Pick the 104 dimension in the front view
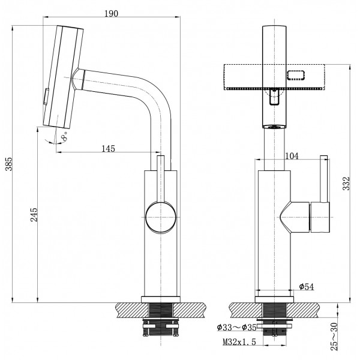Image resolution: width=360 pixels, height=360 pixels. coord(292,156)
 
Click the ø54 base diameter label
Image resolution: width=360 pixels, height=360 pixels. coord(306,287)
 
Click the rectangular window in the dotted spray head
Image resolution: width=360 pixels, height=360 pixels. coord(297,75)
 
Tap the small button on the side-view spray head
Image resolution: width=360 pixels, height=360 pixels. coord(44,97)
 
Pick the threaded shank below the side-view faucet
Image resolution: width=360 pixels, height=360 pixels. coord(160,312)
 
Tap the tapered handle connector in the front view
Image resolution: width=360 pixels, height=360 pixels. coord(294,217)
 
